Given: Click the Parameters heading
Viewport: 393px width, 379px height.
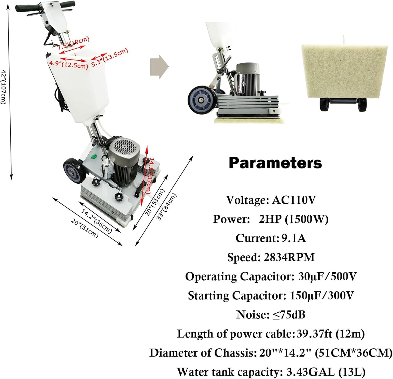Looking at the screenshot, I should (x=275, y=163).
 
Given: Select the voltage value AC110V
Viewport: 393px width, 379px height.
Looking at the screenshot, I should (x=294, y=200).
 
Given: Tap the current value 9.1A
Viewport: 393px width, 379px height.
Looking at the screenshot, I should (x=293, y=238).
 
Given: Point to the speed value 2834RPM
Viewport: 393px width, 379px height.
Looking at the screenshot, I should (x=289, y=257).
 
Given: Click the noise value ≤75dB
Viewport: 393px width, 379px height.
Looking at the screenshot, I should (x=289, y=315).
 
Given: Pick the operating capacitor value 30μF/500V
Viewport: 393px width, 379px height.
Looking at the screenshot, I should (x=327, y=277).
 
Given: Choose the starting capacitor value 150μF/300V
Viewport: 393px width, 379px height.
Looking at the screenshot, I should (x=322, y=296).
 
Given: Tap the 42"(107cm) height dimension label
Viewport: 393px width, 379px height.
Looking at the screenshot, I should (x=4, y=87).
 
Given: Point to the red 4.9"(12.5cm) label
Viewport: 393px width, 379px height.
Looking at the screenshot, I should (x=69, y=64).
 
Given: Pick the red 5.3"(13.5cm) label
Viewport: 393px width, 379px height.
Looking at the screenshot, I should (x=109, y=58).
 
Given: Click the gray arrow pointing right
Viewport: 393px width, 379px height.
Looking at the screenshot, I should (x=159, y=67).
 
